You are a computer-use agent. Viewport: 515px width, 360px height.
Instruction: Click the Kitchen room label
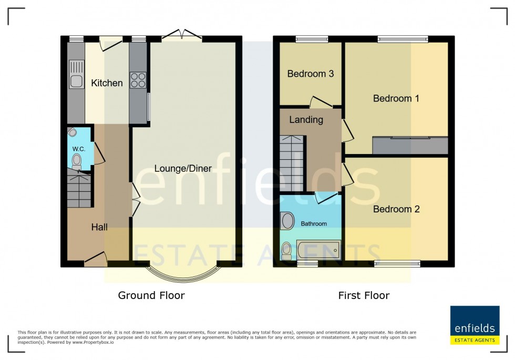(107, 83)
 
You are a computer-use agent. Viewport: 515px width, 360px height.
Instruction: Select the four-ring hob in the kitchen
(138, 80)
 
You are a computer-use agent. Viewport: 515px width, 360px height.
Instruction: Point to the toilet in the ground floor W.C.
(77, 160)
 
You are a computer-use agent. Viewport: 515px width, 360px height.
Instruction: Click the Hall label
(99, 227)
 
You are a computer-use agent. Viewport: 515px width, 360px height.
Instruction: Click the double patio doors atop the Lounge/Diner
(181, 36)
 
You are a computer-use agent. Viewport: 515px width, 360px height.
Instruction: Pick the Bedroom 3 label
(311, 74)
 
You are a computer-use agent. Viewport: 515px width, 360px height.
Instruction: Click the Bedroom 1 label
(396, 98)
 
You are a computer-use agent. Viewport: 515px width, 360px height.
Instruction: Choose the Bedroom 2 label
(396, 209)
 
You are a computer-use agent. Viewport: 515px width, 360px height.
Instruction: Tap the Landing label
(306, 120)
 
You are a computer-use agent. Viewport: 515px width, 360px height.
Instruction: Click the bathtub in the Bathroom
(318, 250)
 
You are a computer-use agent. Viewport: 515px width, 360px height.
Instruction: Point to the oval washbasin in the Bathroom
(287, 221)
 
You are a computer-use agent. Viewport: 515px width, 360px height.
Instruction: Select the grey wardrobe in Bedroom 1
(410, 145)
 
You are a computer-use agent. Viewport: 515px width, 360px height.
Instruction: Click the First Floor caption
(364, 295)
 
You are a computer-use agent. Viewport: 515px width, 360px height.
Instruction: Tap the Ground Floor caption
(151, 295)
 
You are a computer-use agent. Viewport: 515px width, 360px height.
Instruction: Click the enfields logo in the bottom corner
(475, 325)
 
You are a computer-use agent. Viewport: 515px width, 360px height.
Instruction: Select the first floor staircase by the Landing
(292, 163)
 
